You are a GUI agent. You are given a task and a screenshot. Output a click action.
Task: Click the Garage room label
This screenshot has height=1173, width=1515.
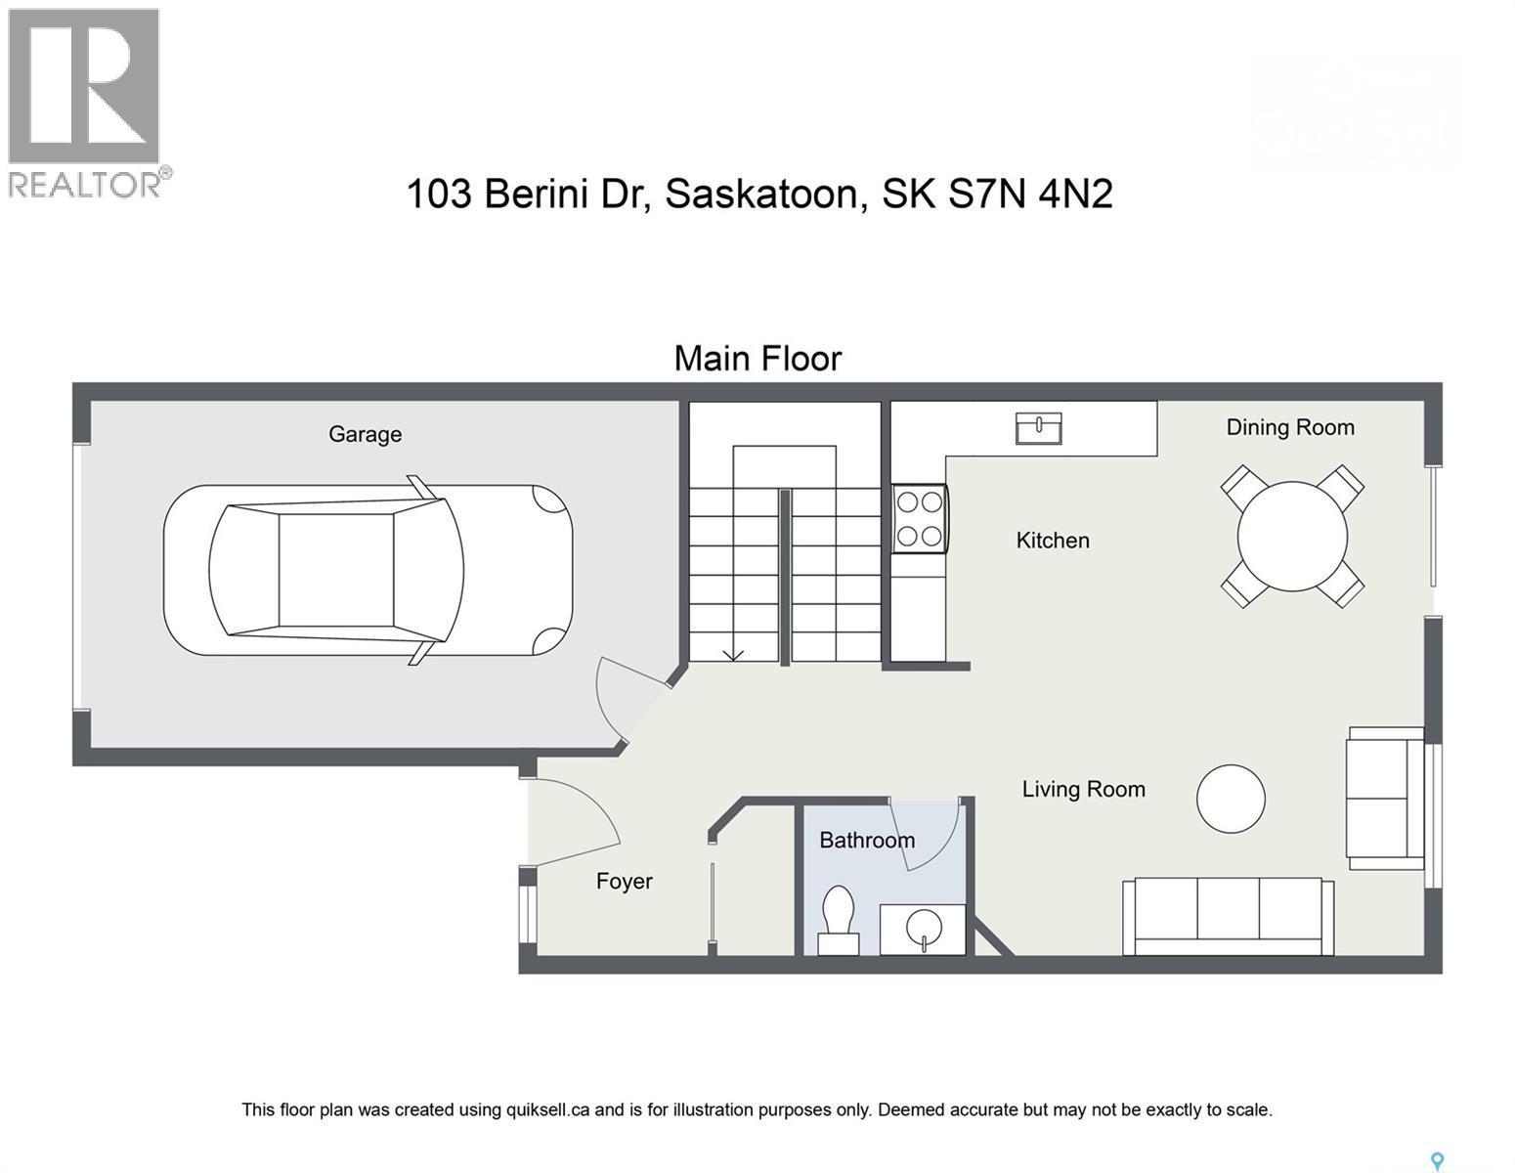365,434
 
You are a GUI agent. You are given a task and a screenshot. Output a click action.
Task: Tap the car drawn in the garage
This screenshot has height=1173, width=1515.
368,570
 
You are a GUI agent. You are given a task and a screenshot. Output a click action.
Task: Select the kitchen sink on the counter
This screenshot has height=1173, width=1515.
1038,428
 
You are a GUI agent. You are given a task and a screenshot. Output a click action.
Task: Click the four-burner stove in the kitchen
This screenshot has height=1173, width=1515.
920,519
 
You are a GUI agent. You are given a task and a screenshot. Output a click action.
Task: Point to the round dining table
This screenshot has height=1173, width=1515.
1292,536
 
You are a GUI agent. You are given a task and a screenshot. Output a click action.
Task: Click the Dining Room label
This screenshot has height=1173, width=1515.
1290,427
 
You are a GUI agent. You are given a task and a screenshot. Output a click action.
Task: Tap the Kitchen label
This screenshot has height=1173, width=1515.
1052,541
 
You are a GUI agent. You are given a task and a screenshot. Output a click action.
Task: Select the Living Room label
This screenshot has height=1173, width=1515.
1083,789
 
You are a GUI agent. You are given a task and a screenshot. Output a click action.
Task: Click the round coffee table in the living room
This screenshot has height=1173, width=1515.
1231,799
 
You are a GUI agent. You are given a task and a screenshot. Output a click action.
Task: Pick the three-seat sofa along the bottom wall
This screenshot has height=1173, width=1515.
1228,916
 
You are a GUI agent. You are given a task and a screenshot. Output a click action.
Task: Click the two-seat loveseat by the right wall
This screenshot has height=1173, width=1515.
1386,798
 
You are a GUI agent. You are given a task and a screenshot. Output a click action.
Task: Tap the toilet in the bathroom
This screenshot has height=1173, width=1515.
838,920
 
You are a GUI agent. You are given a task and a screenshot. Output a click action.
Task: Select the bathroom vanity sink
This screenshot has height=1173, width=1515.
923,930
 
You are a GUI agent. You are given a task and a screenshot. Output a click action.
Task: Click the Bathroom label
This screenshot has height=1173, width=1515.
867,840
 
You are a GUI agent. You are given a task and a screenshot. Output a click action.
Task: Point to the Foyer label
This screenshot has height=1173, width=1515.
624,882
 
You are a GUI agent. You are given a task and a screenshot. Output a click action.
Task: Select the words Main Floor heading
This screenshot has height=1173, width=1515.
757,358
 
